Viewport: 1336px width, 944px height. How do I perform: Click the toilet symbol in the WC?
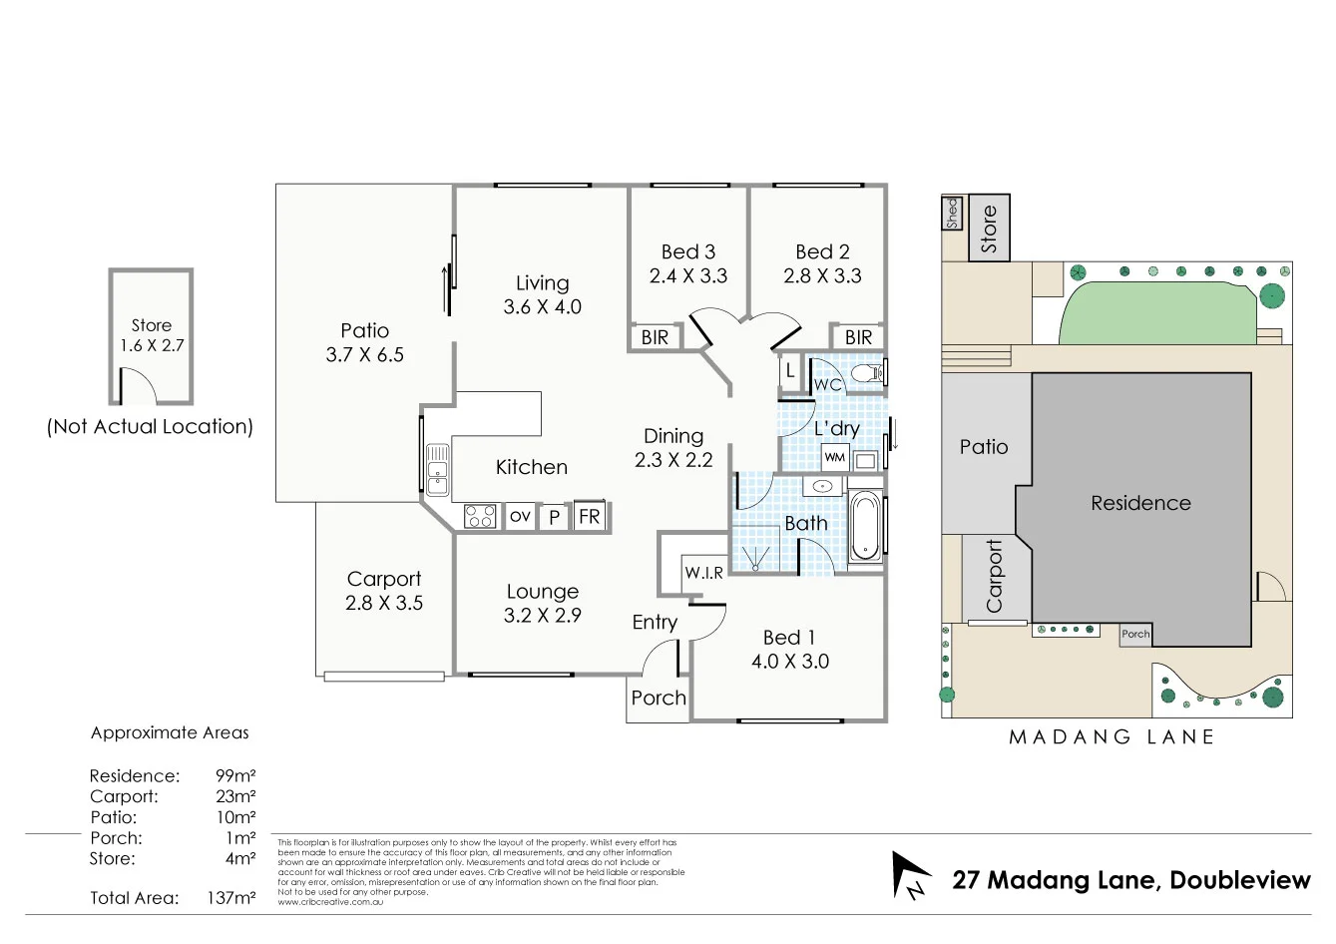tap(868, 373)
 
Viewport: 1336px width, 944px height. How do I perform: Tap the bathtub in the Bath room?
tap(865, 526)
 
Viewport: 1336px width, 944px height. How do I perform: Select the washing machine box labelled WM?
tap(834, 458)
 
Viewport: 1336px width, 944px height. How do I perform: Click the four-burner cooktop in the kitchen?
tap(480, 517)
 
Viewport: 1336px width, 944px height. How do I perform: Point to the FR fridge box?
tap(590, 516)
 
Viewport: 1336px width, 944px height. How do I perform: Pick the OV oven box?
tap(520, 517)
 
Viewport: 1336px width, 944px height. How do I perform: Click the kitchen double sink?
tap(437, 470)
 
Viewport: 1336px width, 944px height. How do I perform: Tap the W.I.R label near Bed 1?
tap(703, 573)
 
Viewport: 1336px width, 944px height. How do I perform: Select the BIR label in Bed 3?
tap(655, 337)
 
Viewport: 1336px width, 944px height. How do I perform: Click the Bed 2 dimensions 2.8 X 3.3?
tap(822, 276)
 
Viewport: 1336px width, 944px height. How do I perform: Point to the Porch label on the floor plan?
tap(659, 699)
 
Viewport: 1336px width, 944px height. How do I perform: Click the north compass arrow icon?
tap(910, 874)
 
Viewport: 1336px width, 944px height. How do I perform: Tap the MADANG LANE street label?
tap(1112, 737)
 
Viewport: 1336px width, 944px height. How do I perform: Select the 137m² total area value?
tap(231, 898)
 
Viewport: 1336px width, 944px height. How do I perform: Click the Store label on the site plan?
tap(989, 228)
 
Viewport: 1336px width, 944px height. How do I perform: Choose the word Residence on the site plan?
tap(1140, 503)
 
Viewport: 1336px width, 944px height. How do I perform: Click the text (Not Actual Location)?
tap(151, 427)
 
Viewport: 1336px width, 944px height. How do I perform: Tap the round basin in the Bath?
tap(822, 487)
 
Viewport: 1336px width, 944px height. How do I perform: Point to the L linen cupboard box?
tap(790, 371)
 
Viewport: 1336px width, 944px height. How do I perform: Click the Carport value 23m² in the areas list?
tap(235, 796)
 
